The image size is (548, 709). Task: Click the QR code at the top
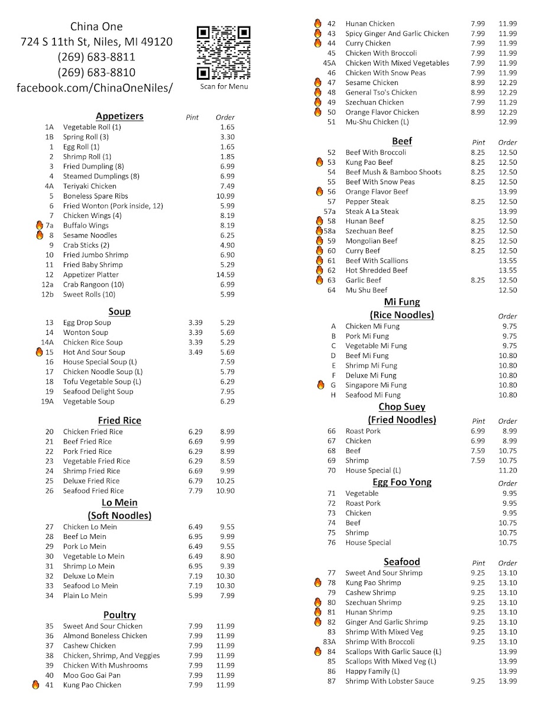pos(223,53)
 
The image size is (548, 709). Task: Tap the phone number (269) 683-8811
pos(96,57)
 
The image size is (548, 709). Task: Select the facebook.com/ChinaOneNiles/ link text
pos(95,87)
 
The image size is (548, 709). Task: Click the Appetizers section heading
pos(119,116)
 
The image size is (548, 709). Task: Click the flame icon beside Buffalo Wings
pos(40,225)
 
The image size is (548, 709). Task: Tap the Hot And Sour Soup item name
pos(94,352)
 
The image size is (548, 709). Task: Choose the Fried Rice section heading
pos(119,420)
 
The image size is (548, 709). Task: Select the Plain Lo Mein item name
pos(85,596)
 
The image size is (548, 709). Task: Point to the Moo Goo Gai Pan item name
pos(92,675)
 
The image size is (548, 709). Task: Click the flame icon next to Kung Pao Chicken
pos(35,685)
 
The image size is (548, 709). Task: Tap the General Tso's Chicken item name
pos(381,92)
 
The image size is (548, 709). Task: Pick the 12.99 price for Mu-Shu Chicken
pos(507,122)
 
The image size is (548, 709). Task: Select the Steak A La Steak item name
pos(372,212)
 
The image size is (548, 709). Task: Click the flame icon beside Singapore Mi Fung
pos(320,385)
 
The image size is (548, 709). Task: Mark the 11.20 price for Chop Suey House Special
pos(507,470)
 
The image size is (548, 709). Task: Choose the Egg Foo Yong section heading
pos(402,482)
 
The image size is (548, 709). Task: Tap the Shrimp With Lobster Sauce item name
pos(389,681)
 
